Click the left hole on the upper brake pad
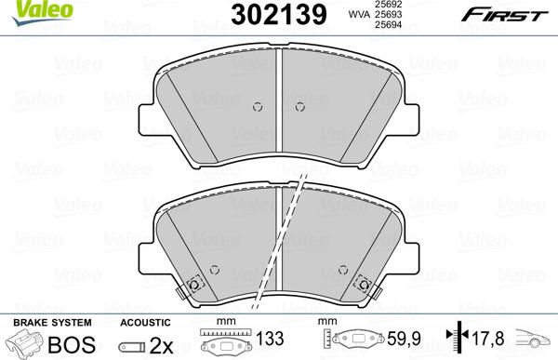[x=257, y=106]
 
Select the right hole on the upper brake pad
[x=298, y=106]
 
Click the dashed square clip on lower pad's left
[x=193, y=285]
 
